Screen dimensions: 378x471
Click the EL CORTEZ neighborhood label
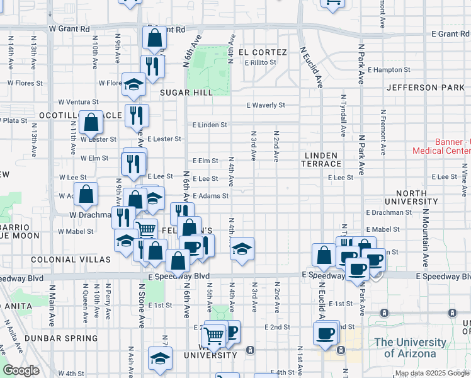pos(263,52)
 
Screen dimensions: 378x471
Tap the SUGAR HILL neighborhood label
pos(186,92)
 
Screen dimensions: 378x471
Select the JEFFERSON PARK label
pos(429,87)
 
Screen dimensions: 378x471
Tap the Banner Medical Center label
pos(441,146)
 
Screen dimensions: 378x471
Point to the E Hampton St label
pos(389,70)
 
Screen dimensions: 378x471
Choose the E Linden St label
pos(210,125)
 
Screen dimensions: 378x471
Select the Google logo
pos(21,370)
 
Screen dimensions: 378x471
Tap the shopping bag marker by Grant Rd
pos(155,39)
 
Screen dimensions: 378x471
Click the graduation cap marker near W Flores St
pos(133,85)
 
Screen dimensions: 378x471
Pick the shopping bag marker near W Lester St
pos(91,122)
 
